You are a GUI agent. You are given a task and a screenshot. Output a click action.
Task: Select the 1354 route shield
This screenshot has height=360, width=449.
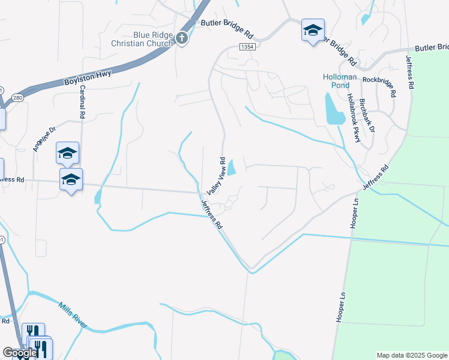point(246,47)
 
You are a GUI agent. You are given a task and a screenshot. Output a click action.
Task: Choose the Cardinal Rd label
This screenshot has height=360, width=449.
point(80,101)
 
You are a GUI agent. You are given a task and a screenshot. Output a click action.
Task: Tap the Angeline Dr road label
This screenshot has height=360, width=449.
point(44,139)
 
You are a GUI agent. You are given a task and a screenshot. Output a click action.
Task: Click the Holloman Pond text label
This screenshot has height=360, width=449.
point(340,81)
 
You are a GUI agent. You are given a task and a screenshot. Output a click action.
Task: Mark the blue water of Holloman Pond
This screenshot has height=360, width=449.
point(331,109)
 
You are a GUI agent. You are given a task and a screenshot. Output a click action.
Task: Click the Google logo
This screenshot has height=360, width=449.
point(20,353)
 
